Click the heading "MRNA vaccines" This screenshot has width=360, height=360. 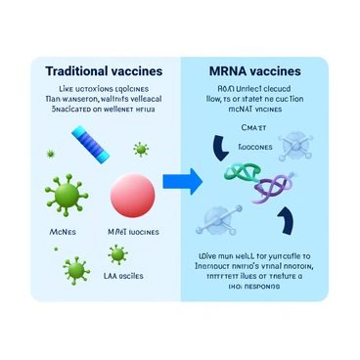(255, 72)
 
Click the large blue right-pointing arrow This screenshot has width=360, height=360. (183, 180)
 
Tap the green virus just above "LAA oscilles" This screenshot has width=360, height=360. (118, 254)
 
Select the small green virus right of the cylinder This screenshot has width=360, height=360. (141, 150)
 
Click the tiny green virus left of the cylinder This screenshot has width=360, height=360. (50, 155)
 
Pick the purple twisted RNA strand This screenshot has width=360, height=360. (277, 183)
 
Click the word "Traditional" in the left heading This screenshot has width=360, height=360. (73, 72)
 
